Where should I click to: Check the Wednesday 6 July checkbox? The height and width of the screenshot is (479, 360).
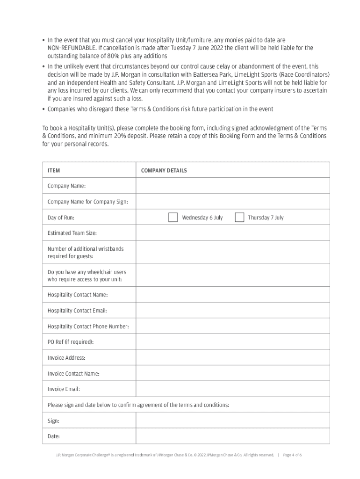pyautogui.click(x=173, y=218)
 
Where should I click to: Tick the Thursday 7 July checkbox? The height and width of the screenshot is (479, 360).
pyautogui.click(x=239, y=218)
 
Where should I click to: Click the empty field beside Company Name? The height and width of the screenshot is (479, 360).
pyautogui.click(x=232, y=186)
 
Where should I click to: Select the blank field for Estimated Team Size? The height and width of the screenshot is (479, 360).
pyautogui.click(x=232, y=233)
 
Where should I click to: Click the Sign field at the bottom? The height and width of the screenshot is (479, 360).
pyautogui.click(x=232, y=421)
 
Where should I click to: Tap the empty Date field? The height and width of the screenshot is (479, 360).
pyautogui.click(x=232, y=436)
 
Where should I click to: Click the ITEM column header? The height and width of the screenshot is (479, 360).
pyautogui.click(x=54, y=170)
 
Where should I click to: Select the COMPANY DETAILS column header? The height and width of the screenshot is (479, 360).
pyautogui.click(x=164, y=170)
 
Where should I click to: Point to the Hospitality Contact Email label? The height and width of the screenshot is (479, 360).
pyautogui.click(x=77, y=311)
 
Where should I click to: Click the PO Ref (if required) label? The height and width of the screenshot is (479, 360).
pyautogui.click(x=71, y=342)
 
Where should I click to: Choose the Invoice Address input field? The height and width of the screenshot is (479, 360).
pyautogui.click(x=232, y=358)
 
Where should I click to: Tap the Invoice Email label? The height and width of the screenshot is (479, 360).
pyautogui.click(x=64, y=389)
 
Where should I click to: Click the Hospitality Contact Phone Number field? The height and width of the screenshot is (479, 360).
pyautogui.click(x=232, y=327)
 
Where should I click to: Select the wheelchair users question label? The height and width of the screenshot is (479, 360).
pyautogui.click(x=86, y=276)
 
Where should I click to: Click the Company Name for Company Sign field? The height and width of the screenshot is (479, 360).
pyautogui.click(x=232, y=202)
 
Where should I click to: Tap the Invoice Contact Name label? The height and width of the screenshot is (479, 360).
pyautogui.click(x=73, y=373)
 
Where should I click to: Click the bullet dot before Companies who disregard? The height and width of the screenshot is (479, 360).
pyautogui.click(x=43, y=109)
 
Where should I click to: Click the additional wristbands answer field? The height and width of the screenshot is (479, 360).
pyautogui.click(x=232, y=253)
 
